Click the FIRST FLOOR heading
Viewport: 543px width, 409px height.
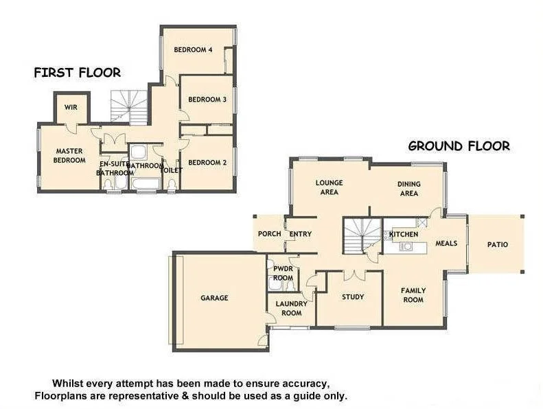[77, 72]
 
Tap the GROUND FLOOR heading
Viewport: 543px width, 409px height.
[459, 145]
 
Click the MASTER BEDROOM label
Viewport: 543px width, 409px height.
[70, 156]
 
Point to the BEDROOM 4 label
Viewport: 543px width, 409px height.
[193, 49]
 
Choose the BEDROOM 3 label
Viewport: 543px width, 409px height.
[207, 100]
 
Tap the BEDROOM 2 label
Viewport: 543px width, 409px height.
[207, 163]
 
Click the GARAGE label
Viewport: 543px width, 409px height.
[214, 298]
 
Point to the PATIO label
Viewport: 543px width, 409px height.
[498, 244]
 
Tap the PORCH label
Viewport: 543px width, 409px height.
[269, 234]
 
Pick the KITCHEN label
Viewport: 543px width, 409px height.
[404, 235]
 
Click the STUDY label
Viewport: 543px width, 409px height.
[353, 297]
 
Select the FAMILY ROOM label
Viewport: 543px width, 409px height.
[413, 295]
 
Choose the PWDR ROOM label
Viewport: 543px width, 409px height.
[283, 273]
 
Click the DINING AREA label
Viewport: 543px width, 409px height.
[409, 189]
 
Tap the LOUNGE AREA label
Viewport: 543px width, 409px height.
[329, 187]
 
